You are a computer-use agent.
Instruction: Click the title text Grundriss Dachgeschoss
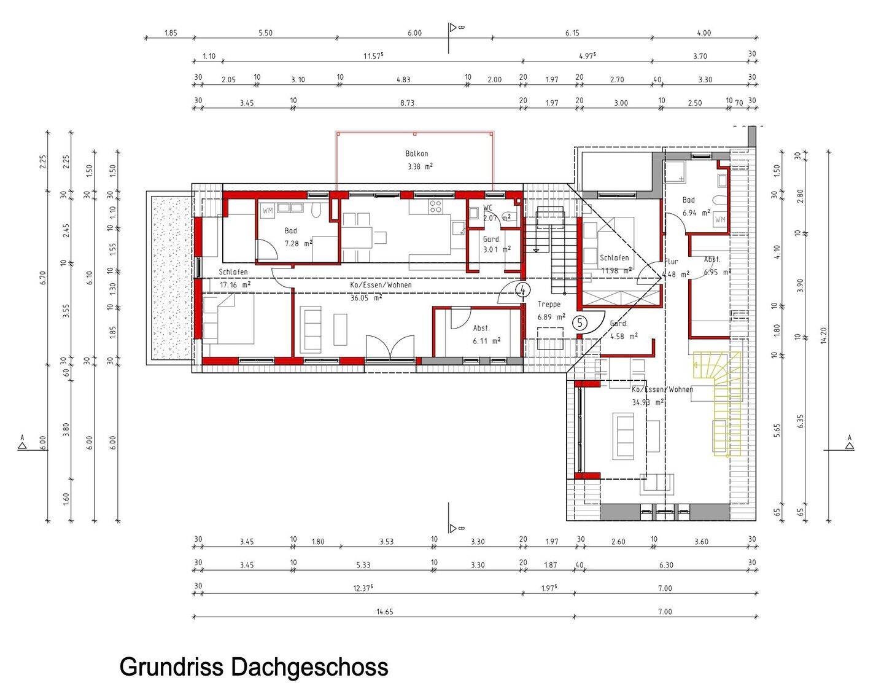254,667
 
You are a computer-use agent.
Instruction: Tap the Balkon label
416,154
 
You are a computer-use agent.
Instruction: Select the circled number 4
522,290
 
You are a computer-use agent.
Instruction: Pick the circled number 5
580,322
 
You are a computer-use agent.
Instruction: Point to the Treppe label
549,304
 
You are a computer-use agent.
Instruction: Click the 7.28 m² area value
298,243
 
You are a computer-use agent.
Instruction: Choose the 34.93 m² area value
648,402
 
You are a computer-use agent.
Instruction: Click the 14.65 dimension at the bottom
384,612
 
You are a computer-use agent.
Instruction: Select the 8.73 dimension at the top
407,103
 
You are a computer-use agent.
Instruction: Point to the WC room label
488,208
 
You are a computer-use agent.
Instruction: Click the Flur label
671,262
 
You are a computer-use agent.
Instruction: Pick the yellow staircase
718,402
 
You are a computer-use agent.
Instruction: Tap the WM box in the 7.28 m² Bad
268,211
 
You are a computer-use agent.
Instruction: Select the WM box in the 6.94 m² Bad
719,219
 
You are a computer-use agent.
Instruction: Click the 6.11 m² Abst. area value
486,340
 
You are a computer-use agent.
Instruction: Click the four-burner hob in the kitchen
435,206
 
